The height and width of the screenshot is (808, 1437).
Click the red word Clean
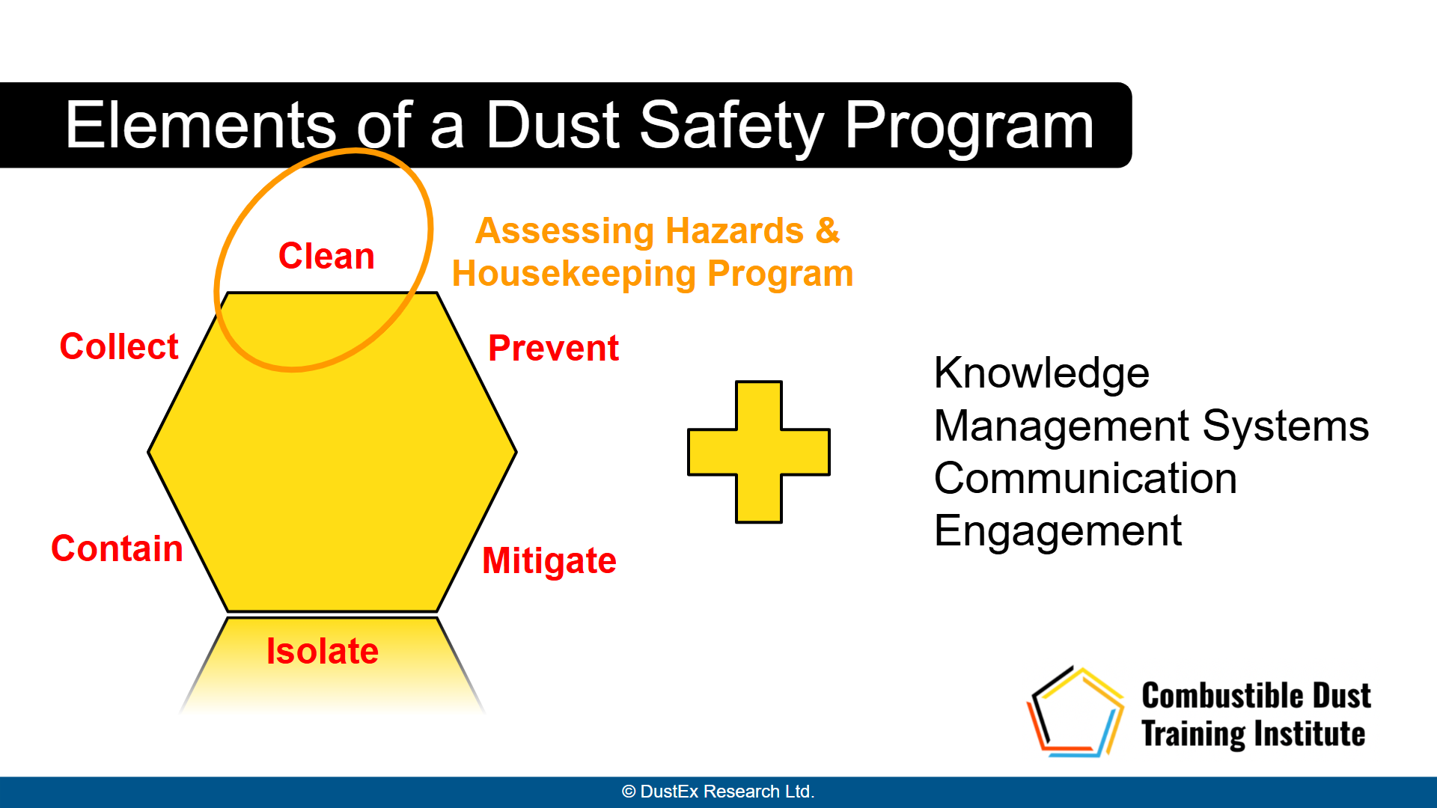(x=326, y=256)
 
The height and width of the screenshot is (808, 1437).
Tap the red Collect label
(x=119, y=346)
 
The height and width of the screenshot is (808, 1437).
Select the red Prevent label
(x=553, y=348)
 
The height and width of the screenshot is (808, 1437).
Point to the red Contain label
(x=117, y=548)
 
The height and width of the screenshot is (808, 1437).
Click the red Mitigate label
(x=549, y=561)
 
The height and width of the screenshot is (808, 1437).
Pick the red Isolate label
(x=323, y=651)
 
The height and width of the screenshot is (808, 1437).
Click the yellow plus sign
(x=759, y=452)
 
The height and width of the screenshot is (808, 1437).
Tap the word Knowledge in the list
(x=1042, y=373)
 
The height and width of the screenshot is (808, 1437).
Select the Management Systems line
(x=1152, y=426)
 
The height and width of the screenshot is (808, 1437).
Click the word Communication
(x=1085, y=478)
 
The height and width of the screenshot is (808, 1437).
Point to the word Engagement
(x=1058, y=532)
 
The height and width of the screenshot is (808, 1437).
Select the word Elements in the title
(x=201, y=125)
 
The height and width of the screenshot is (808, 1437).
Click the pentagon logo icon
(x=1075, y=711)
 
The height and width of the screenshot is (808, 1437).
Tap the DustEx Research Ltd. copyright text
(x=718, y=792)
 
